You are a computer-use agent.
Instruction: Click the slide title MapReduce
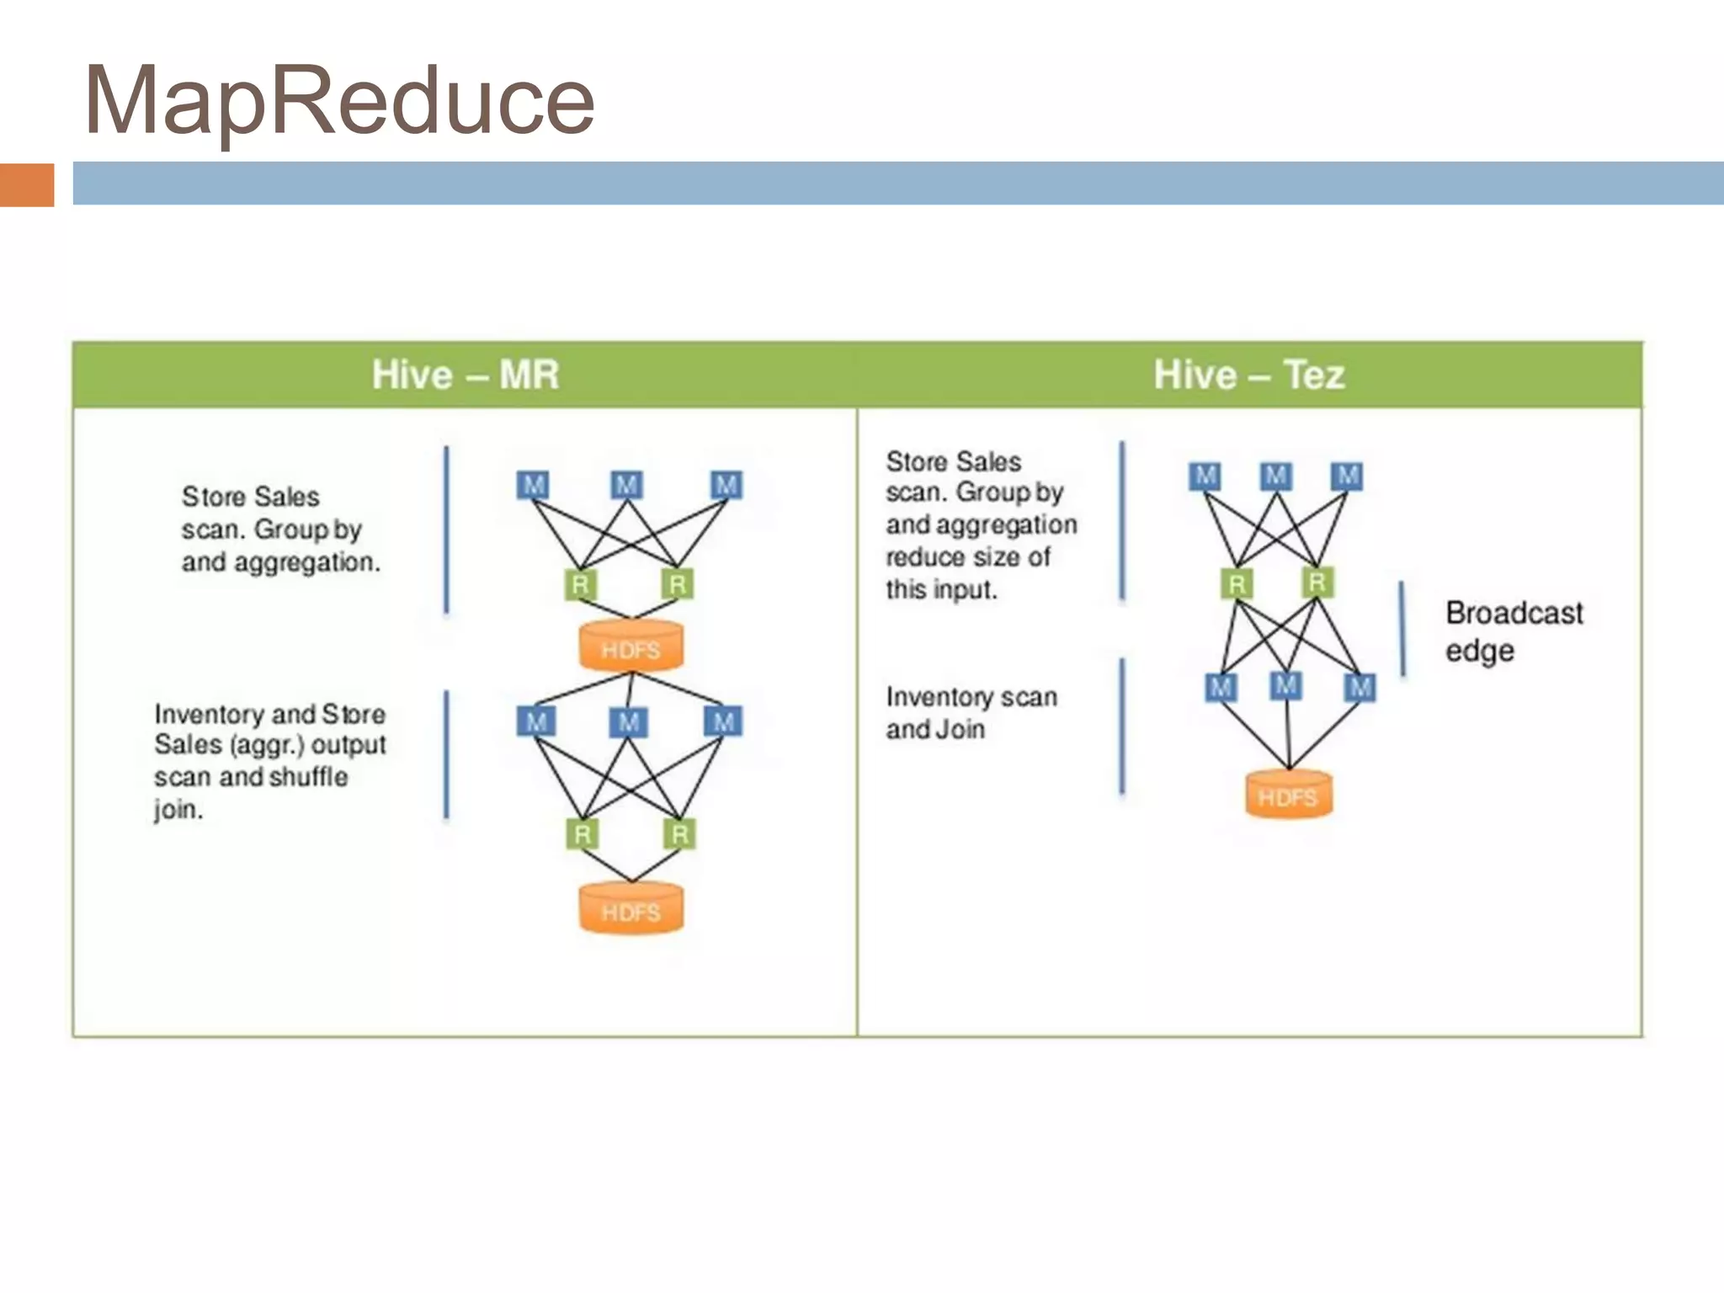(x=339, y=101)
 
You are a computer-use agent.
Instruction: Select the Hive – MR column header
(x=465, y=375)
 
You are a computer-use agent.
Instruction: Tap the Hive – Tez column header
(x=1249, y=375)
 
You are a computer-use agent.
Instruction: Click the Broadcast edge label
(x=1513, y=631)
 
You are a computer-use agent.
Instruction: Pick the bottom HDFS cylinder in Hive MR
(x=631, y=909)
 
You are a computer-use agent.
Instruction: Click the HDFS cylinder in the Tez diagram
(x=1289, y=795)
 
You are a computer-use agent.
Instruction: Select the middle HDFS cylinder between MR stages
(x=631, y=646)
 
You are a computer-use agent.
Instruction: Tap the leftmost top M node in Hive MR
(x=533, y=485)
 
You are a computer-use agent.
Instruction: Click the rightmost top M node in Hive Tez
(x=1347, y=476)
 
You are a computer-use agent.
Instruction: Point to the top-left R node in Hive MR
(x=580, y=584)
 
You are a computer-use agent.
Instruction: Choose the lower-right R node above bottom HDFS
(x=679, y=834)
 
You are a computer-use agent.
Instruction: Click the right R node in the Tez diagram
(x=1317, y=582)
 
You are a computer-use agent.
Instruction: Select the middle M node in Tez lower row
(x=1285, y=685)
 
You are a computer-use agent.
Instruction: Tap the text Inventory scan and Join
(x=971, y=712)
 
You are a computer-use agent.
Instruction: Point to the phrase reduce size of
(x=967, y=556)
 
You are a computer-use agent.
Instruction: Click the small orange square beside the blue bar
(x=27, y=184)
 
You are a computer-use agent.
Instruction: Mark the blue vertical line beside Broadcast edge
(x=1402, y=628)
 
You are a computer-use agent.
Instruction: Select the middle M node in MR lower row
(x=628, y=722)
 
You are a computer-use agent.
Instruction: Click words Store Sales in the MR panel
(x=250, y=497)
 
